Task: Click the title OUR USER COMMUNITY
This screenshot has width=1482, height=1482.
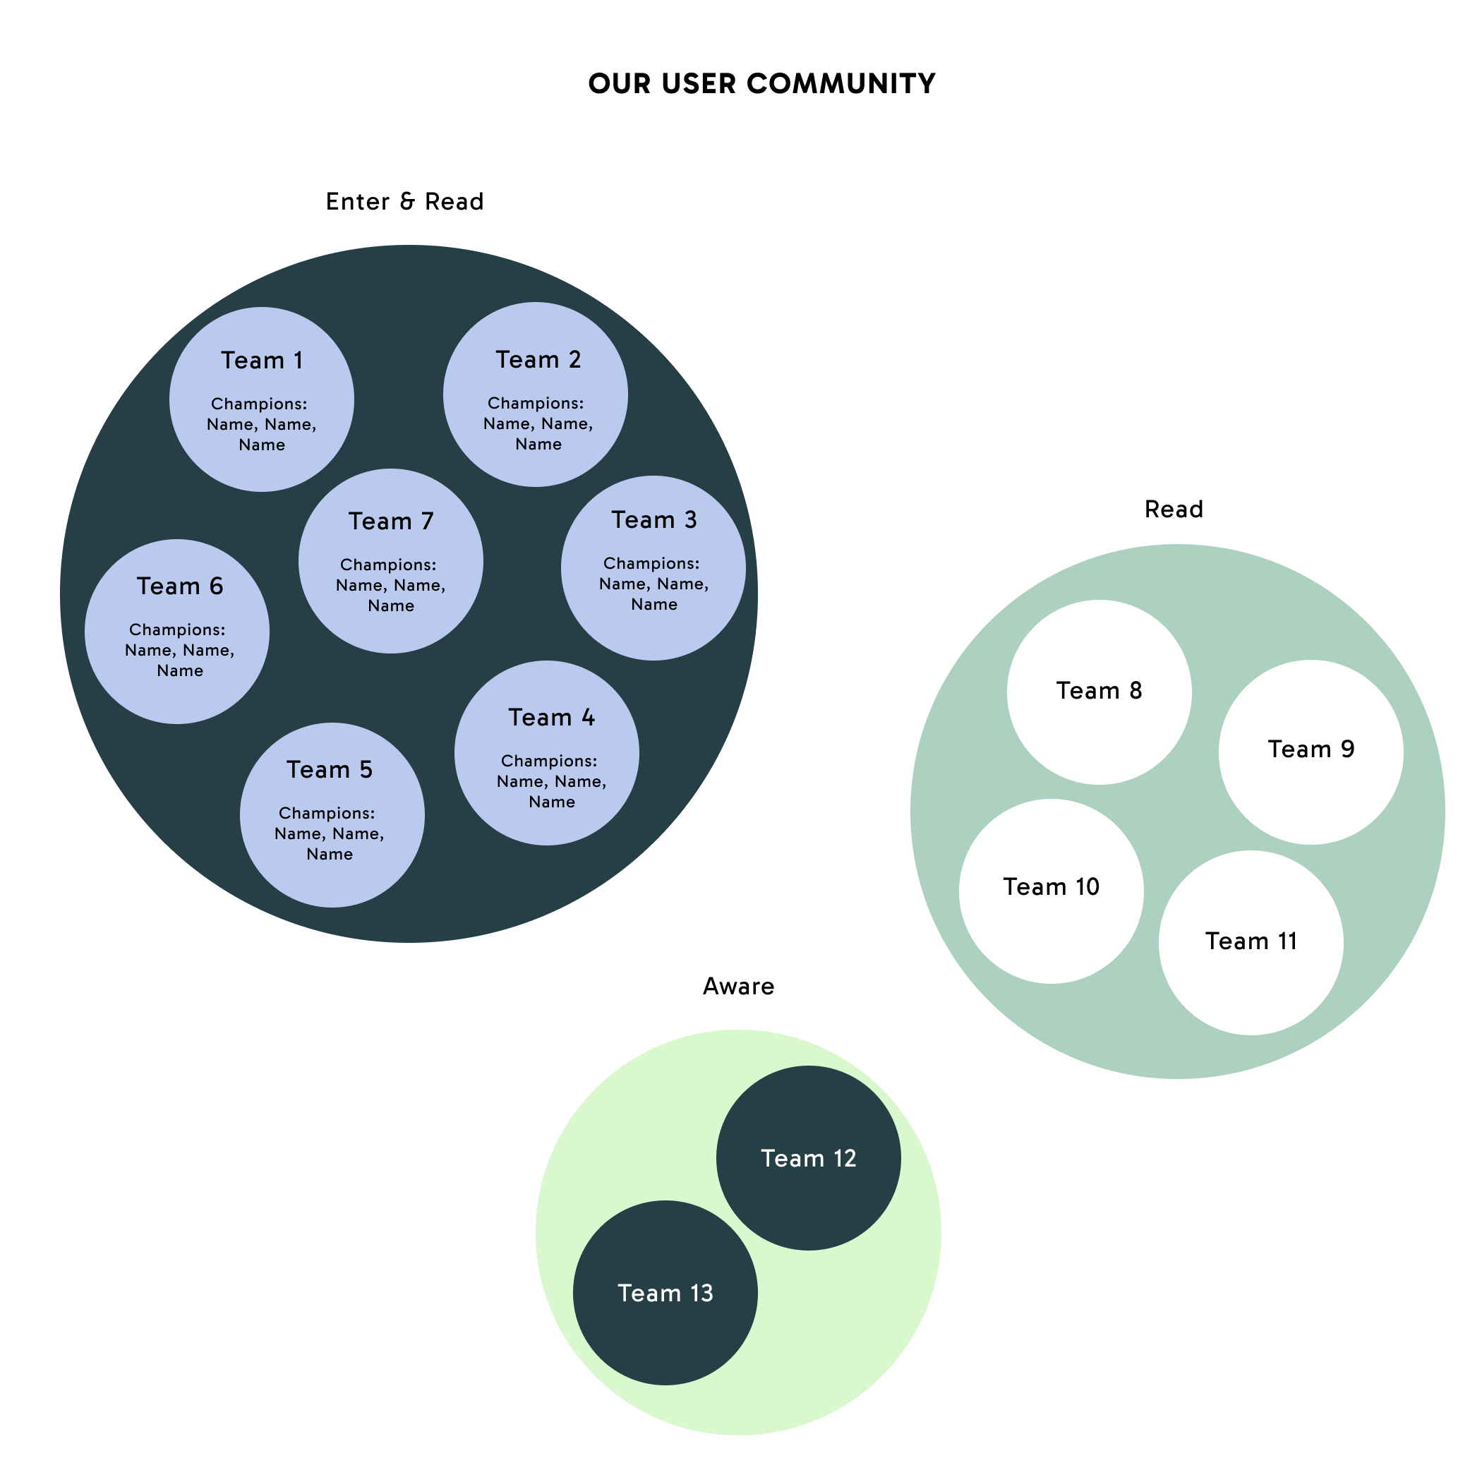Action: (x=761, y=83)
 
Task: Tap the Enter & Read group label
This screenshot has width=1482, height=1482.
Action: (x=404, y=202)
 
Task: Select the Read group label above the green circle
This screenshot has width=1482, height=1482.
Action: (x=1173, y=510)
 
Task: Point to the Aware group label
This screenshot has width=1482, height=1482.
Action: (x=738, y=986)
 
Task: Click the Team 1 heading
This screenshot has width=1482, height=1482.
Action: (x=262, y=361)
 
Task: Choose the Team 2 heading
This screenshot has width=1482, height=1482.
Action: (x=538, y=360)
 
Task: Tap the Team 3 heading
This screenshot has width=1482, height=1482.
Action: (x=653, y=520)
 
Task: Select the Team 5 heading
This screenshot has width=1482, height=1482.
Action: (x=329, y=769)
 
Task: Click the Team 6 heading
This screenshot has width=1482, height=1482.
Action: (x=179, y=586)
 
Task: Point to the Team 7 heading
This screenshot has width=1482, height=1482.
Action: (x=390, y=522)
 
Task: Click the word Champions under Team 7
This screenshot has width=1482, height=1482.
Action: (x=387, y=565)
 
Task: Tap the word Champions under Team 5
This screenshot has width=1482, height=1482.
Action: (x=326, y=813)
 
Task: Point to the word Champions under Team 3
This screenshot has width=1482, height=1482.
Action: (x=651, y=563)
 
